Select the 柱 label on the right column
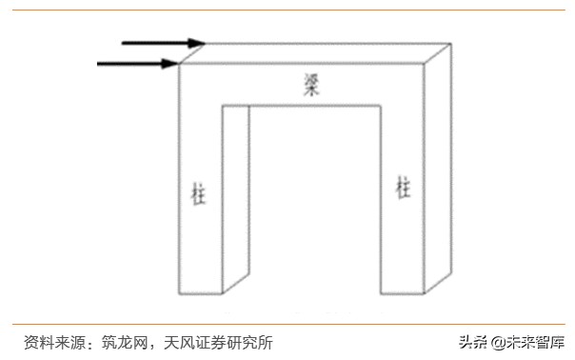point(403,188)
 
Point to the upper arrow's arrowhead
point(197,43)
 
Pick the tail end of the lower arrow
point(100,64)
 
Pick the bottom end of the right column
point(403,290)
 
